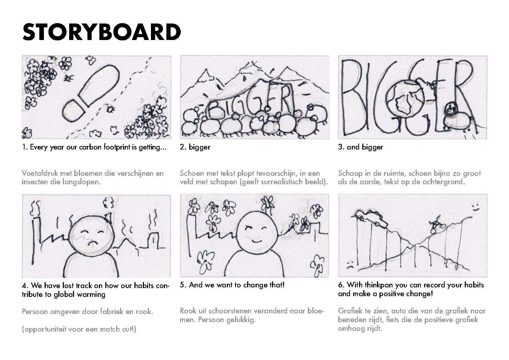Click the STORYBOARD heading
pyautogui.click(x=101, y=32)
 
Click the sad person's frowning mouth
pyautogui.click(x=92, y=243)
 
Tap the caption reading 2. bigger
pyautogui.click(x=195, y=147)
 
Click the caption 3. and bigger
pyautogui.click(x=361, y=147)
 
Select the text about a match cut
pyautogui.click(x=79, y=329)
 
